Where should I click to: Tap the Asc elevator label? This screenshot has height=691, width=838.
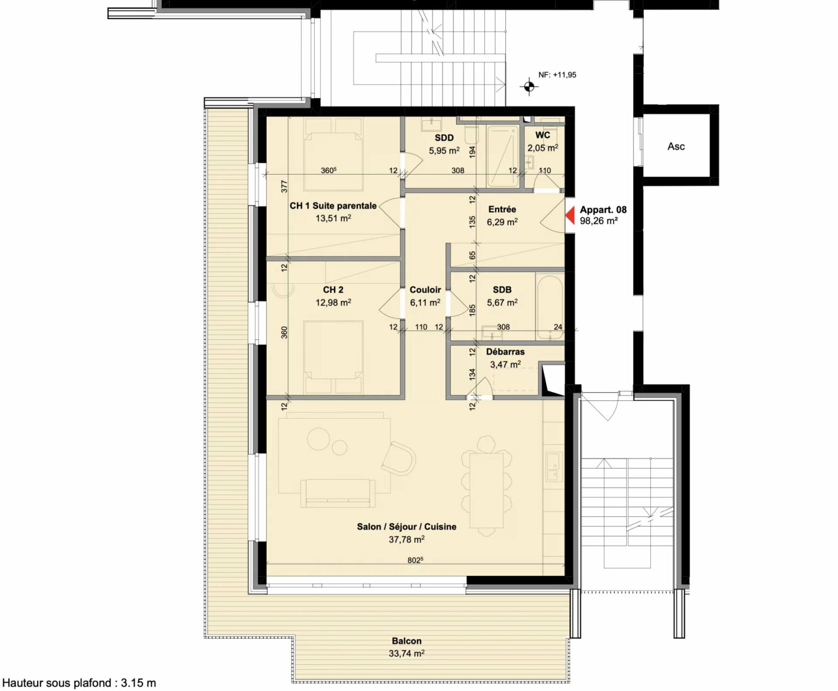(x=676, y=147)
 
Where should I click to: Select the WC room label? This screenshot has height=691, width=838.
(x=543, y=135)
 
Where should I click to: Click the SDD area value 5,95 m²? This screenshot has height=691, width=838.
(x=444, y=151)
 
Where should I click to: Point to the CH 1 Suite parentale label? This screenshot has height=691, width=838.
(x=333, y=206)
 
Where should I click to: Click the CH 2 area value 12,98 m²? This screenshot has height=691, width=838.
(x=333, y=303)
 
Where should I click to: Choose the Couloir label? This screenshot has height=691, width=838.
(x=425, y=290)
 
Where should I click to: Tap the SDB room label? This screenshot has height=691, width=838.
(x=502, y=290)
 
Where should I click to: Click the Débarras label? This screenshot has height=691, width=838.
(x=505, y=352)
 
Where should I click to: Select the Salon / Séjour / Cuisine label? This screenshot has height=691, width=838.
(x=406, y=526)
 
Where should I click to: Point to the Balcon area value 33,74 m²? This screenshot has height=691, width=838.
(x=406, y=654)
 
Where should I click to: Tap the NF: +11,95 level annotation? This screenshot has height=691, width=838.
(x=557, y=75)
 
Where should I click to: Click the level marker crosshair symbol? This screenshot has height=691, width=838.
(x=529, y=86)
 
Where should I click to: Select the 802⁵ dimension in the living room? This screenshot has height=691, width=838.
(x=415, y=560)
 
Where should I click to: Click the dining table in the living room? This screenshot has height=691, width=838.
(x=487, y=491)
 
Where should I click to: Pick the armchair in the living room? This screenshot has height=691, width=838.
(x=398, y=459)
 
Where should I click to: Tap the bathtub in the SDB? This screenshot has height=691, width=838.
(x=550, y=308)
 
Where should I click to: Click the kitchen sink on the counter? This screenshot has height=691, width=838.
(x=554, y=467)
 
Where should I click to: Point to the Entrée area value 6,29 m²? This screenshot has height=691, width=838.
(x=502, y=222)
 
